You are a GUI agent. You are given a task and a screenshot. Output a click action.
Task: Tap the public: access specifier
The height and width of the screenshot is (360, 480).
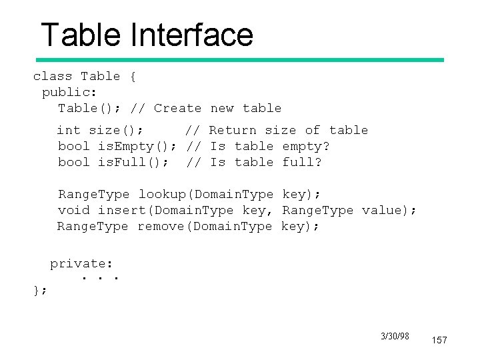70,92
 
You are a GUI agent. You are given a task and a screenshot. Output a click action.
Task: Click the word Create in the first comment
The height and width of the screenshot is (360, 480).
177,108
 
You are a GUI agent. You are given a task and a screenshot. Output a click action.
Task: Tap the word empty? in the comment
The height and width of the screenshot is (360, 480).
306,146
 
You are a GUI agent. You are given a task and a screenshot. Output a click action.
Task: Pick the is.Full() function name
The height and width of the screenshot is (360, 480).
133,162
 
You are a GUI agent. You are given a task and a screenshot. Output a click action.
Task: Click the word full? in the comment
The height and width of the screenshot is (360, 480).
302,162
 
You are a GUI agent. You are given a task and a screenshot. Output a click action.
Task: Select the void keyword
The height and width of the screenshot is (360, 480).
74,210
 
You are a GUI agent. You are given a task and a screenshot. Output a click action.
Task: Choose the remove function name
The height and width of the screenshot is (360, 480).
161,226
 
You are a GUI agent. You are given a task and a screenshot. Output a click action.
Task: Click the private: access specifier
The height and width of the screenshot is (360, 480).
82,263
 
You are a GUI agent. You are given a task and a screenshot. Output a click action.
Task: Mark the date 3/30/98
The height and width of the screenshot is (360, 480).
395,336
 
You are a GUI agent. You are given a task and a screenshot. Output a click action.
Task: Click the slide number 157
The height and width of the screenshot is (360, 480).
439,340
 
